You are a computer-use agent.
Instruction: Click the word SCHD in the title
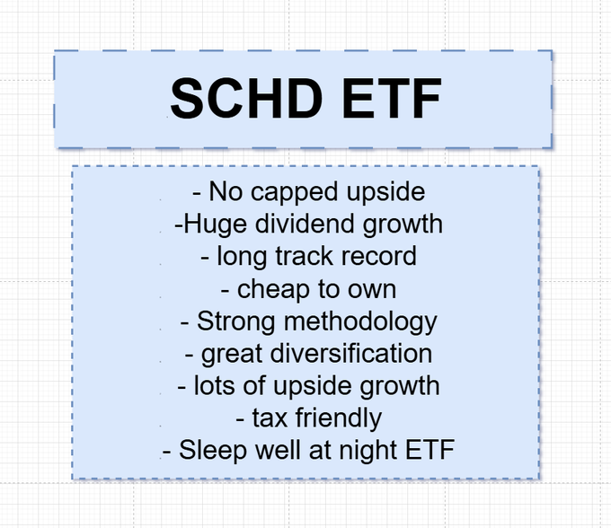click(242, 99)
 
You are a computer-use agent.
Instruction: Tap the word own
click(371, 288)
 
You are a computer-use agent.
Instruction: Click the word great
click(233, 354)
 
